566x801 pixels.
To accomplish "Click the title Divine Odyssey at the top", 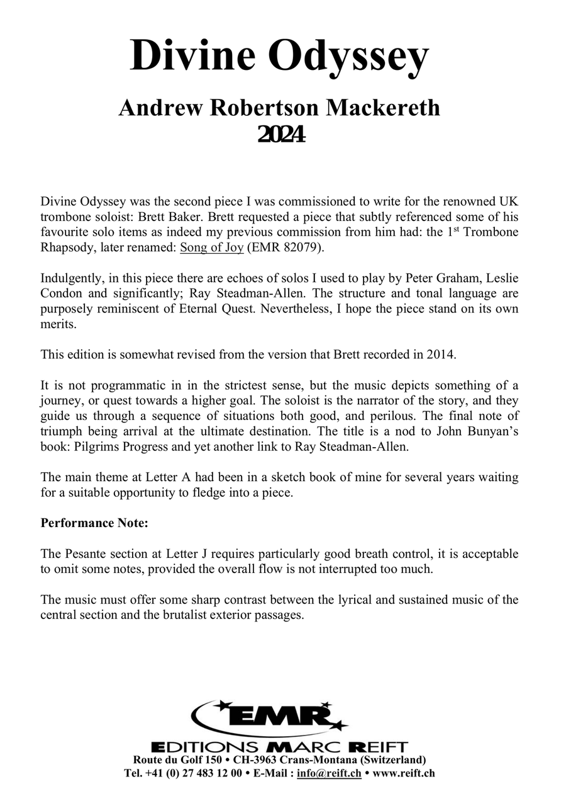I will coord(279,55).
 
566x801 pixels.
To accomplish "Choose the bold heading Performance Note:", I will coord(94,523).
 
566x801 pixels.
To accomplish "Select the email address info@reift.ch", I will coord(329,773).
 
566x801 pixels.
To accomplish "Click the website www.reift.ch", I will coord(404,773).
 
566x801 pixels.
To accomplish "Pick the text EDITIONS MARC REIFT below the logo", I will coord(280,747).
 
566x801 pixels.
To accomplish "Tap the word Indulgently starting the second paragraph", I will coord(72,278).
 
